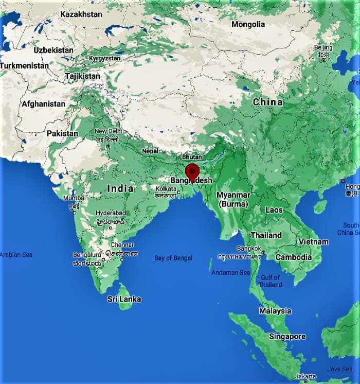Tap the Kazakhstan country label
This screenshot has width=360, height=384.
point(81,14)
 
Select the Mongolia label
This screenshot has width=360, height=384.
point(248,24)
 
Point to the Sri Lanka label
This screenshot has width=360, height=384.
point(124,299)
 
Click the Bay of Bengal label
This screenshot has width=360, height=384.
point(173,258)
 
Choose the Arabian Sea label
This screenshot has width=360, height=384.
point(16,255)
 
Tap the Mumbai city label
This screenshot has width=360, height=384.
point(74,198)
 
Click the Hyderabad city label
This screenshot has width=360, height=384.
point(111,213)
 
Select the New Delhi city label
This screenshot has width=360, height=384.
point(107,131)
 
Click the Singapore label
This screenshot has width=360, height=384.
point(287,336)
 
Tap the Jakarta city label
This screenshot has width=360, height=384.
point(306,376)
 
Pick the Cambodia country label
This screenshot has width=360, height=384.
point(294,257)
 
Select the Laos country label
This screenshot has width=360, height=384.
point(274,210)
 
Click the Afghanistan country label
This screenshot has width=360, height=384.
point(44,103)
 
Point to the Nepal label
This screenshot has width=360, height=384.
point(150,151)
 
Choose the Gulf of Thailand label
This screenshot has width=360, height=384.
point(271,281)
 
